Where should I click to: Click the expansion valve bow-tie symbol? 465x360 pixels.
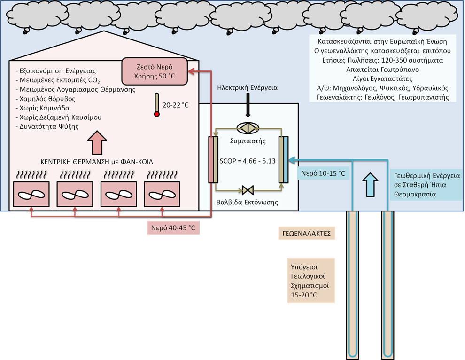pos(248,190)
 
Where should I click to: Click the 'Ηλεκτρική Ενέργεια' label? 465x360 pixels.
pos(248,87)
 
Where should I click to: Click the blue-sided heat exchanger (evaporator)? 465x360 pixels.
pos(283,159)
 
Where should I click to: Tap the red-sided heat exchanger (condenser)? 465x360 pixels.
pos(214,159)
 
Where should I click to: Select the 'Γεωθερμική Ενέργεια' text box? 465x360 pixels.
pos(426,184)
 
